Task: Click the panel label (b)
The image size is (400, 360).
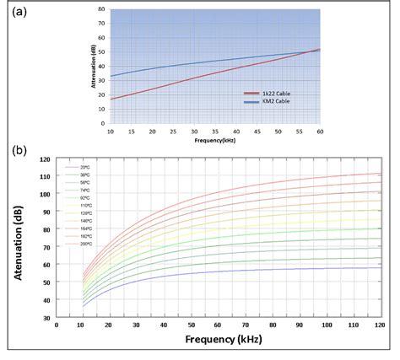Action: (x=19, y=152)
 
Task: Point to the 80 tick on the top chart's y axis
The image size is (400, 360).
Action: (x=101, y=9)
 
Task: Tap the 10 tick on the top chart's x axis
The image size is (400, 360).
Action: (x=110, y=132)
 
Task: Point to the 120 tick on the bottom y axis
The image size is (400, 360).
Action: (x=45, y=159)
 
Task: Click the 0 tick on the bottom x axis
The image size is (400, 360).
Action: (x=56, y=325)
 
